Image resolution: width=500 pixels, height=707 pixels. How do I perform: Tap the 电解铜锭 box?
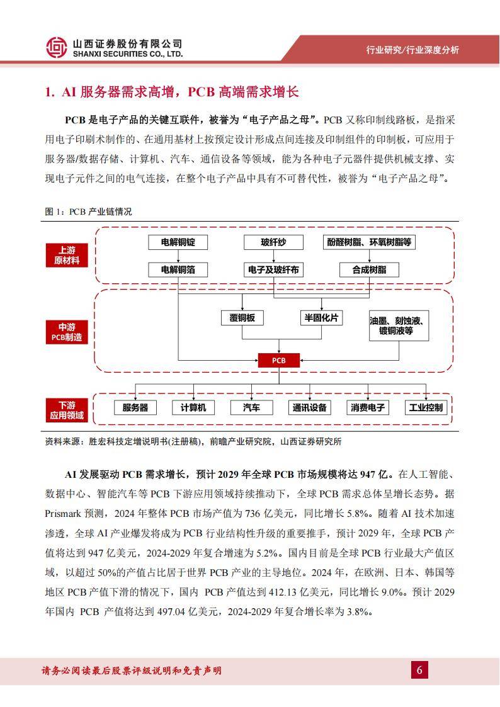[178, 242]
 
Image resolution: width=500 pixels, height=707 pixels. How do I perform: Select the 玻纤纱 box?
[273, 242]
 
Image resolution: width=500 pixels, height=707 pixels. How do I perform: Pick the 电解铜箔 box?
[178, 269]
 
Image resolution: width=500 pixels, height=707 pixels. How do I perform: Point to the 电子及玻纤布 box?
[273, 269]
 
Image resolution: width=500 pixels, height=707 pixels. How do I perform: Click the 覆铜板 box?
[242, 318]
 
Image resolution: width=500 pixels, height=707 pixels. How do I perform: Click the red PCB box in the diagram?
[278, 360]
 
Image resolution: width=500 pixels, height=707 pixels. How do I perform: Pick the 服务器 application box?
[135, 407]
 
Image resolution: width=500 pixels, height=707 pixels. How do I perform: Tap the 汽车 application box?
[251, 407]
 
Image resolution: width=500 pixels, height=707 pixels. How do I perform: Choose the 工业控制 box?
[426, 407]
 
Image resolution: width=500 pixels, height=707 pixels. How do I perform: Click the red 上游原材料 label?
[66, 255]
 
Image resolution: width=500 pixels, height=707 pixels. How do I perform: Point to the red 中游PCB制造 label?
[66, 332]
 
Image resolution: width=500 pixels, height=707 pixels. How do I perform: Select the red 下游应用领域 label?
[66, 410]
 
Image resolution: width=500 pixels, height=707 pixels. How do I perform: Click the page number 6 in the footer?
[419, 670]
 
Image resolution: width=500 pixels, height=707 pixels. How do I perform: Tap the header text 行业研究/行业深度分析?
[412, 50]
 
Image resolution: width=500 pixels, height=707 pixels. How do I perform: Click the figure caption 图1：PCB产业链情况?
[88, 212]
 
